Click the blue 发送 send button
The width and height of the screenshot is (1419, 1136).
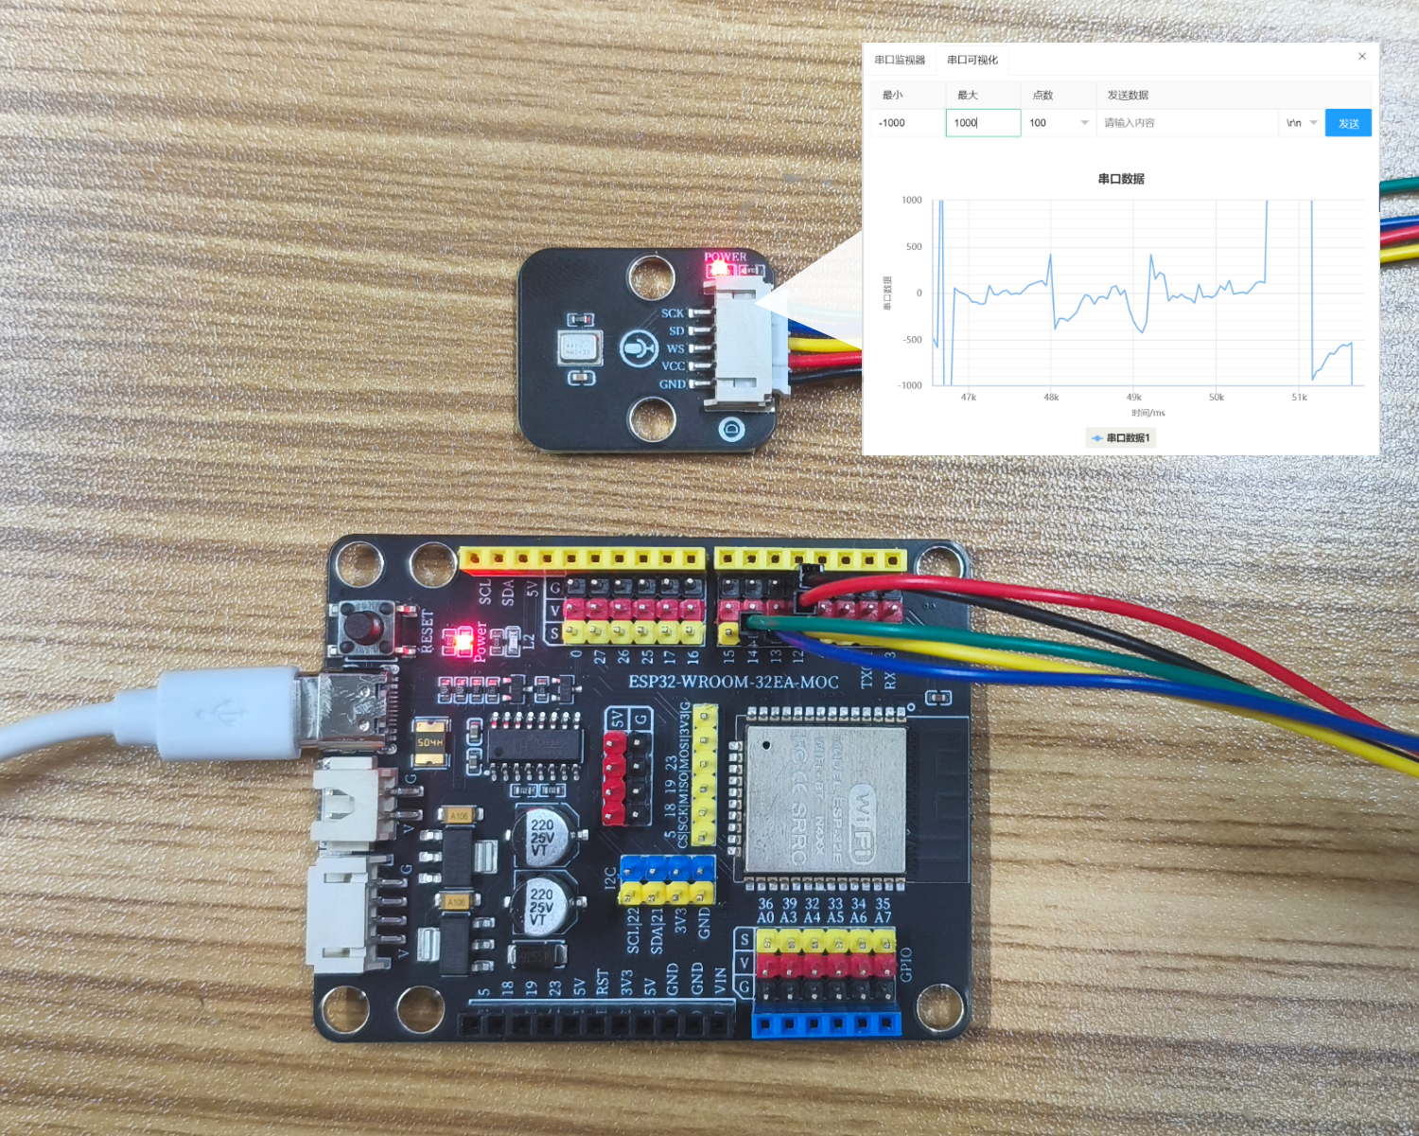pos(1348,123)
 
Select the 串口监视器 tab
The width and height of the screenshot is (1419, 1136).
pos(900,60)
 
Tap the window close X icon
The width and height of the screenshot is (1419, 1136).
pos(1362,57)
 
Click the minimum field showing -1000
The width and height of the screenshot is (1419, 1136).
pos(906,123)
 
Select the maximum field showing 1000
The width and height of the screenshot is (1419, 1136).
pos(982,123)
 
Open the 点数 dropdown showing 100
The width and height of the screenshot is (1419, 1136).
pos(1058,123)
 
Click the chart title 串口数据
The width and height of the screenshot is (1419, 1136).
pos(1121,179)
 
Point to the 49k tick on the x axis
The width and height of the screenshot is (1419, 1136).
pos(1133,398)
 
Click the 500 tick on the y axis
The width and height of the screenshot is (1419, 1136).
pos(914,247)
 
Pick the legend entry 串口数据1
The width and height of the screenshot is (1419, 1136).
pos(1121,438)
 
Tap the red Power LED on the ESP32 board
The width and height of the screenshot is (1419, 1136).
pos(463,642)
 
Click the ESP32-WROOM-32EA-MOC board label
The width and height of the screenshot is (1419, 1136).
pos(733,682)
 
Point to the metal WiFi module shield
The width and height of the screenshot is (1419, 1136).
pos(825,800)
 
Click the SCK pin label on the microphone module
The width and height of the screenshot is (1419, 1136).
pos(672,313)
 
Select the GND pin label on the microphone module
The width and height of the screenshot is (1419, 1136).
pos(672,384)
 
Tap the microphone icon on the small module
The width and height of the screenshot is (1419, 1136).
pos(639,348)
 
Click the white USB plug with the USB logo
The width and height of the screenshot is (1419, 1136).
pos(227,712)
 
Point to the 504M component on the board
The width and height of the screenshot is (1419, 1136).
pos(430,743)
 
